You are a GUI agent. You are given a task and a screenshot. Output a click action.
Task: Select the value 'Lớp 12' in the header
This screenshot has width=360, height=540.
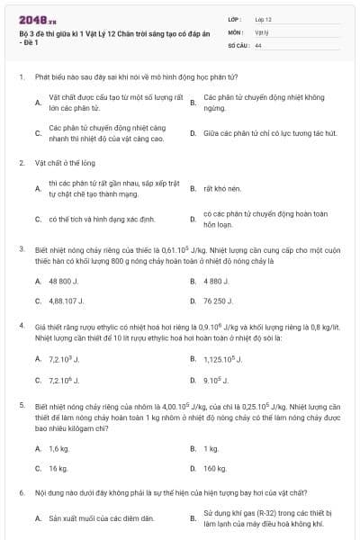pos(263,18)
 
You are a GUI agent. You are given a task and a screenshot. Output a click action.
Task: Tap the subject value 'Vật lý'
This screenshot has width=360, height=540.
pos(261,31)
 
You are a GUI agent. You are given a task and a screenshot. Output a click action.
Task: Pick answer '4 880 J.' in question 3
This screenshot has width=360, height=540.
pos(217,281)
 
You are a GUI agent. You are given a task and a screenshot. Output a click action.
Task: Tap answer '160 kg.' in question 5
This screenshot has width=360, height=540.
pos(215,468)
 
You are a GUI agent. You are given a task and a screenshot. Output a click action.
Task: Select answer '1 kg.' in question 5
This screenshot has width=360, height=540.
pos(211,448)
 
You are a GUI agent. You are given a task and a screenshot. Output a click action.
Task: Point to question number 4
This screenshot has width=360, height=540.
pos(21,322)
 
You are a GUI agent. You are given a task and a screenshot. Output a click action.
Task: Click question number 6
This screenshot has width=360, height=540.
pos(21,493)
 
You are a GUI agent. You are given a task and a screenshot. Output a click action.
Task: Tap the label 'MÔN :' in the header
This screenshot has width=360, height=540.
pos(236,31)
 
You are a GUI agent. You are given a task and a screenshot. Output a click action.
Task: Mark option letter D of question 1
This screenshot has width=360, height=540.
pos(193,132)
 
